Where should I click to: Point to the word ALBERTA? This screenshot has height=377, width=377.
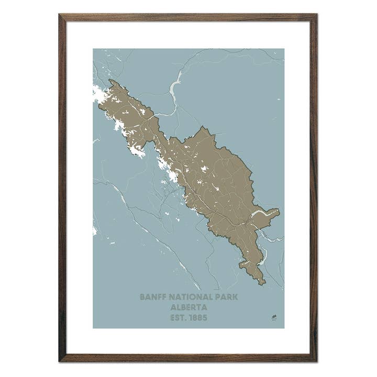(188, 307)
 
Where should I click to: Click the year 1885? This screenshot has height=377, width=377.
(198, 317)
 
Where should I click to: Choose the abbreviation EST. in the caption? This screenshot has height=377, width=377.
(179, 317)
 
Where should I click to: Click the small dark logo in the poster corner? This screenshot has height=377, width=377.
(274, 317)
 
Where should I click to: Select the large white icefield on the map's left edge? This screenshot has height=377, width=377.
(98, 95)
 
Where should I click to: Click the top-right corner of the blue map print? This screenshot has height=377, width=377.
(284, 49)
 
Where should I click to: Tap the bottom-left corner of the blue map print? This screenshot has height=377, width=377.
(93, 328)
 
